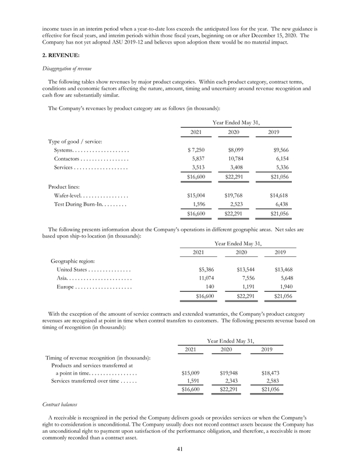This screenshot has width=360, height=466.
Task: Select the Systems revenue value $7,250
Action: [x=194, y=150]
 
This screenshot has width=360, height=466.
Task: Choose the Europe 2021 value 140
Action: [x=210, y=287]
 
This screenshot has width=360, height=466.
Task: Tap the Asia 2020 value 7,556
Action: [x=248, y=278]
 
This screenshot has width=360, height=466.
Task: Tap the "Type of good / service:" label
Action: [x=78, y=142]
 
